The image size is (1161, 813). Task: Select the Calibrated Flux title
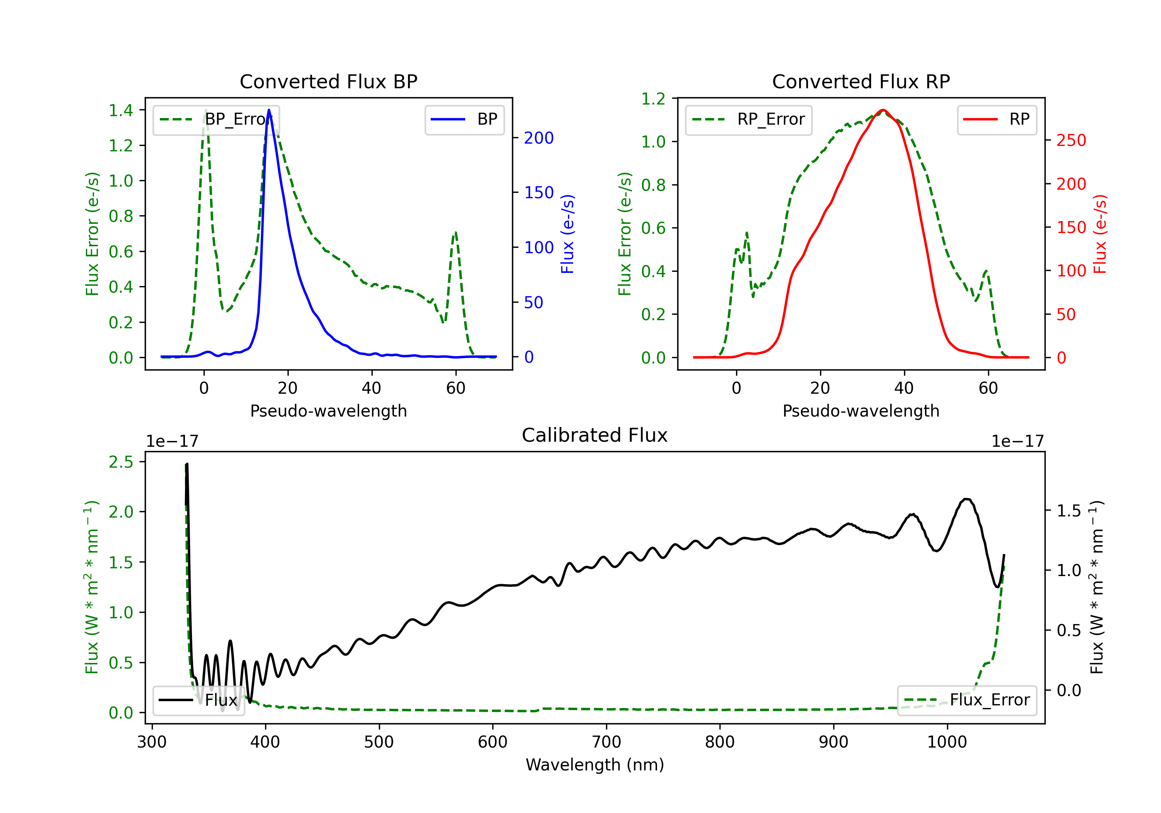pyautogui.click(x=595, y=436)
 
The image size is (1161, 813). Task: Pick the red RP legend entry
pyautogui.click(x=997, y=119)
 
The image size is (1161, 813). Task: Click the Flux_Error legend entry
pyautogui.click(x=967, y=700)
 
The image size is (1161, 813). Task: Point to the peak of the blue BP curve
pyautogui.click(x=269, y=110)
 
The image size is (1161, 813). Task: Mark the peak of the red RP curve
pyautogui.click(x=883, y=110)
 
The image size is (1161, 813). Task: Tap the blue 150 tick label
pyautogui.click(x=539, y=193)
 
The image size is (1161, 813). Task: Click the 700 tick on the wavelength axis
pyautogui.click(x=606, y=742)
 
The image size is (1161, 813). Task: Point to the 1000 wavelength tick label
pyautogui.click(x=947, y=742)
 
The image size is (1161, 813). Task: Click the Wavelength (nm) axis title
pyautogui.click(x=595, y=765)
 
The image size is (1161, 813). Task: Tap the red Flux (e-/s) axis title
pyautogui.click(x=1100, y=234)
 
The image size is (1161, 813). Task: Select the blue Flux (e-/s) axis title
pyautogui.click(x=568, y=234)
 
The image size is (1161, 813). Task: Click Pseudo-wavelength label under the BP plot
pyautogui.click(x=329, y=411)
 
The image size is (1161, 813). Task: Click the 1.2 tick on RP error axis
pyautogui.click(x=653, y=99)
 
